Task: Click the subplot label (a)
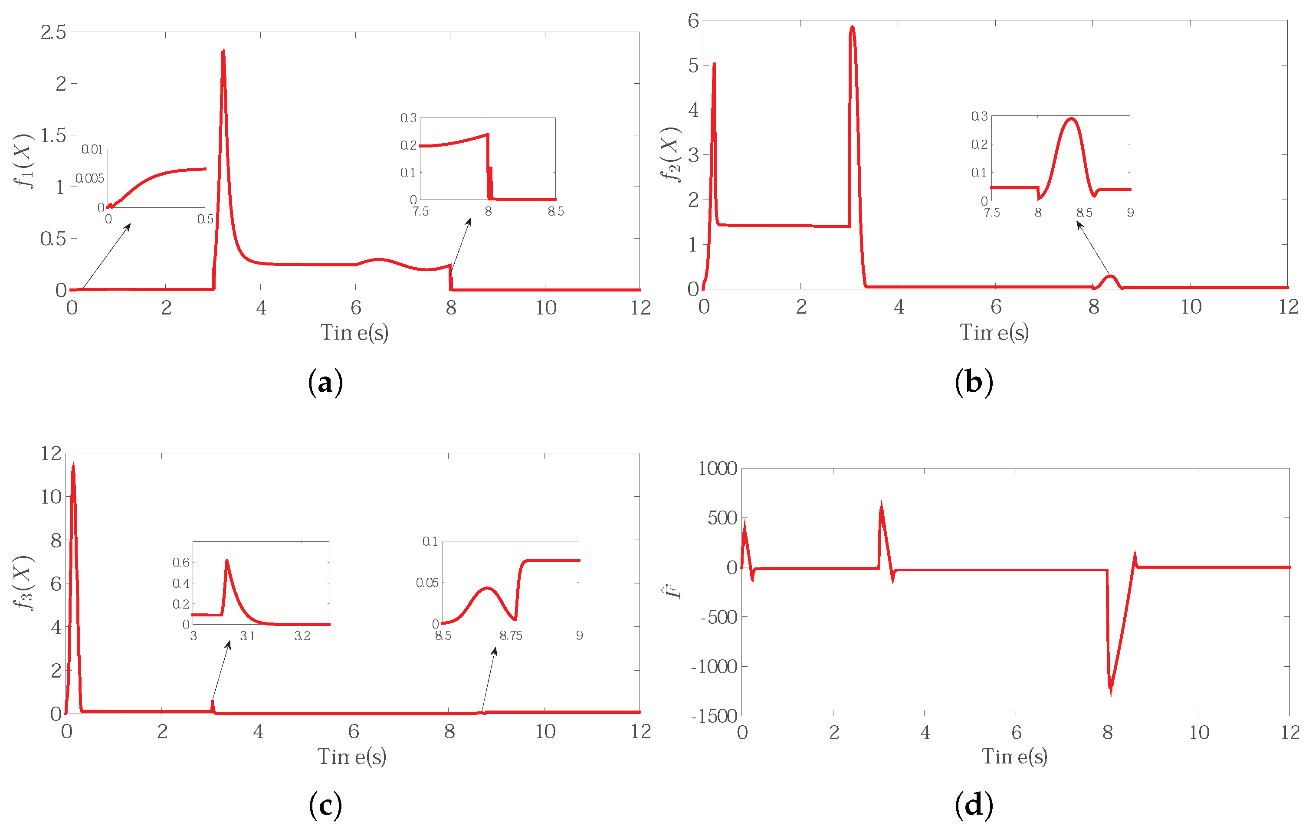click(x=325, y=383)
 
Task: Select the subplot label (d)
click(x=974, y=805)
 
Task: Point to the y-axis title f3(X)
click(x=24, y=583)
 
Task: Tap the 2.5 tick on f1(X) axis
click(x=53, y=33)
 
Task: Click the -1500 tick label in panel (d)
click(x=714, y=716)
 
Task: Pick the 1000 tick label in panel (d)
click(x=718, y=468)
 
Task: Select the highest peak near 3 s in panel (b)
click(x=852, y=27)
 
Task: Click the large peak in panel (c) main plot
click(x=73, y=465)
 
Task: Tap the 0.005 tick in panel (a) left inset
click(x=89, y=179)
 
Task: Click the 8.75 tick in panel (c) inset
click(x=511, y=636)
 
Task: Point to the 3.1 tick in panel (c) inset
click(x=247, y=636)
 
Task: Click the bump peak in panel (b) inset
click(x=1071, y=119)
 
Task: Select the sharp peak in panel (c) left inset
click(x=226, y=560)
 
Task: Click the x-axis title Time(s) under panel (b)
click(x=994, y=332)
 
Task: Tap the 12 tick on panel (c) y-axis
click(x=51, y=453)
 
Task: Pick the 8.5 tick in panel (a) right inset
click(x=555, y=211)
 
